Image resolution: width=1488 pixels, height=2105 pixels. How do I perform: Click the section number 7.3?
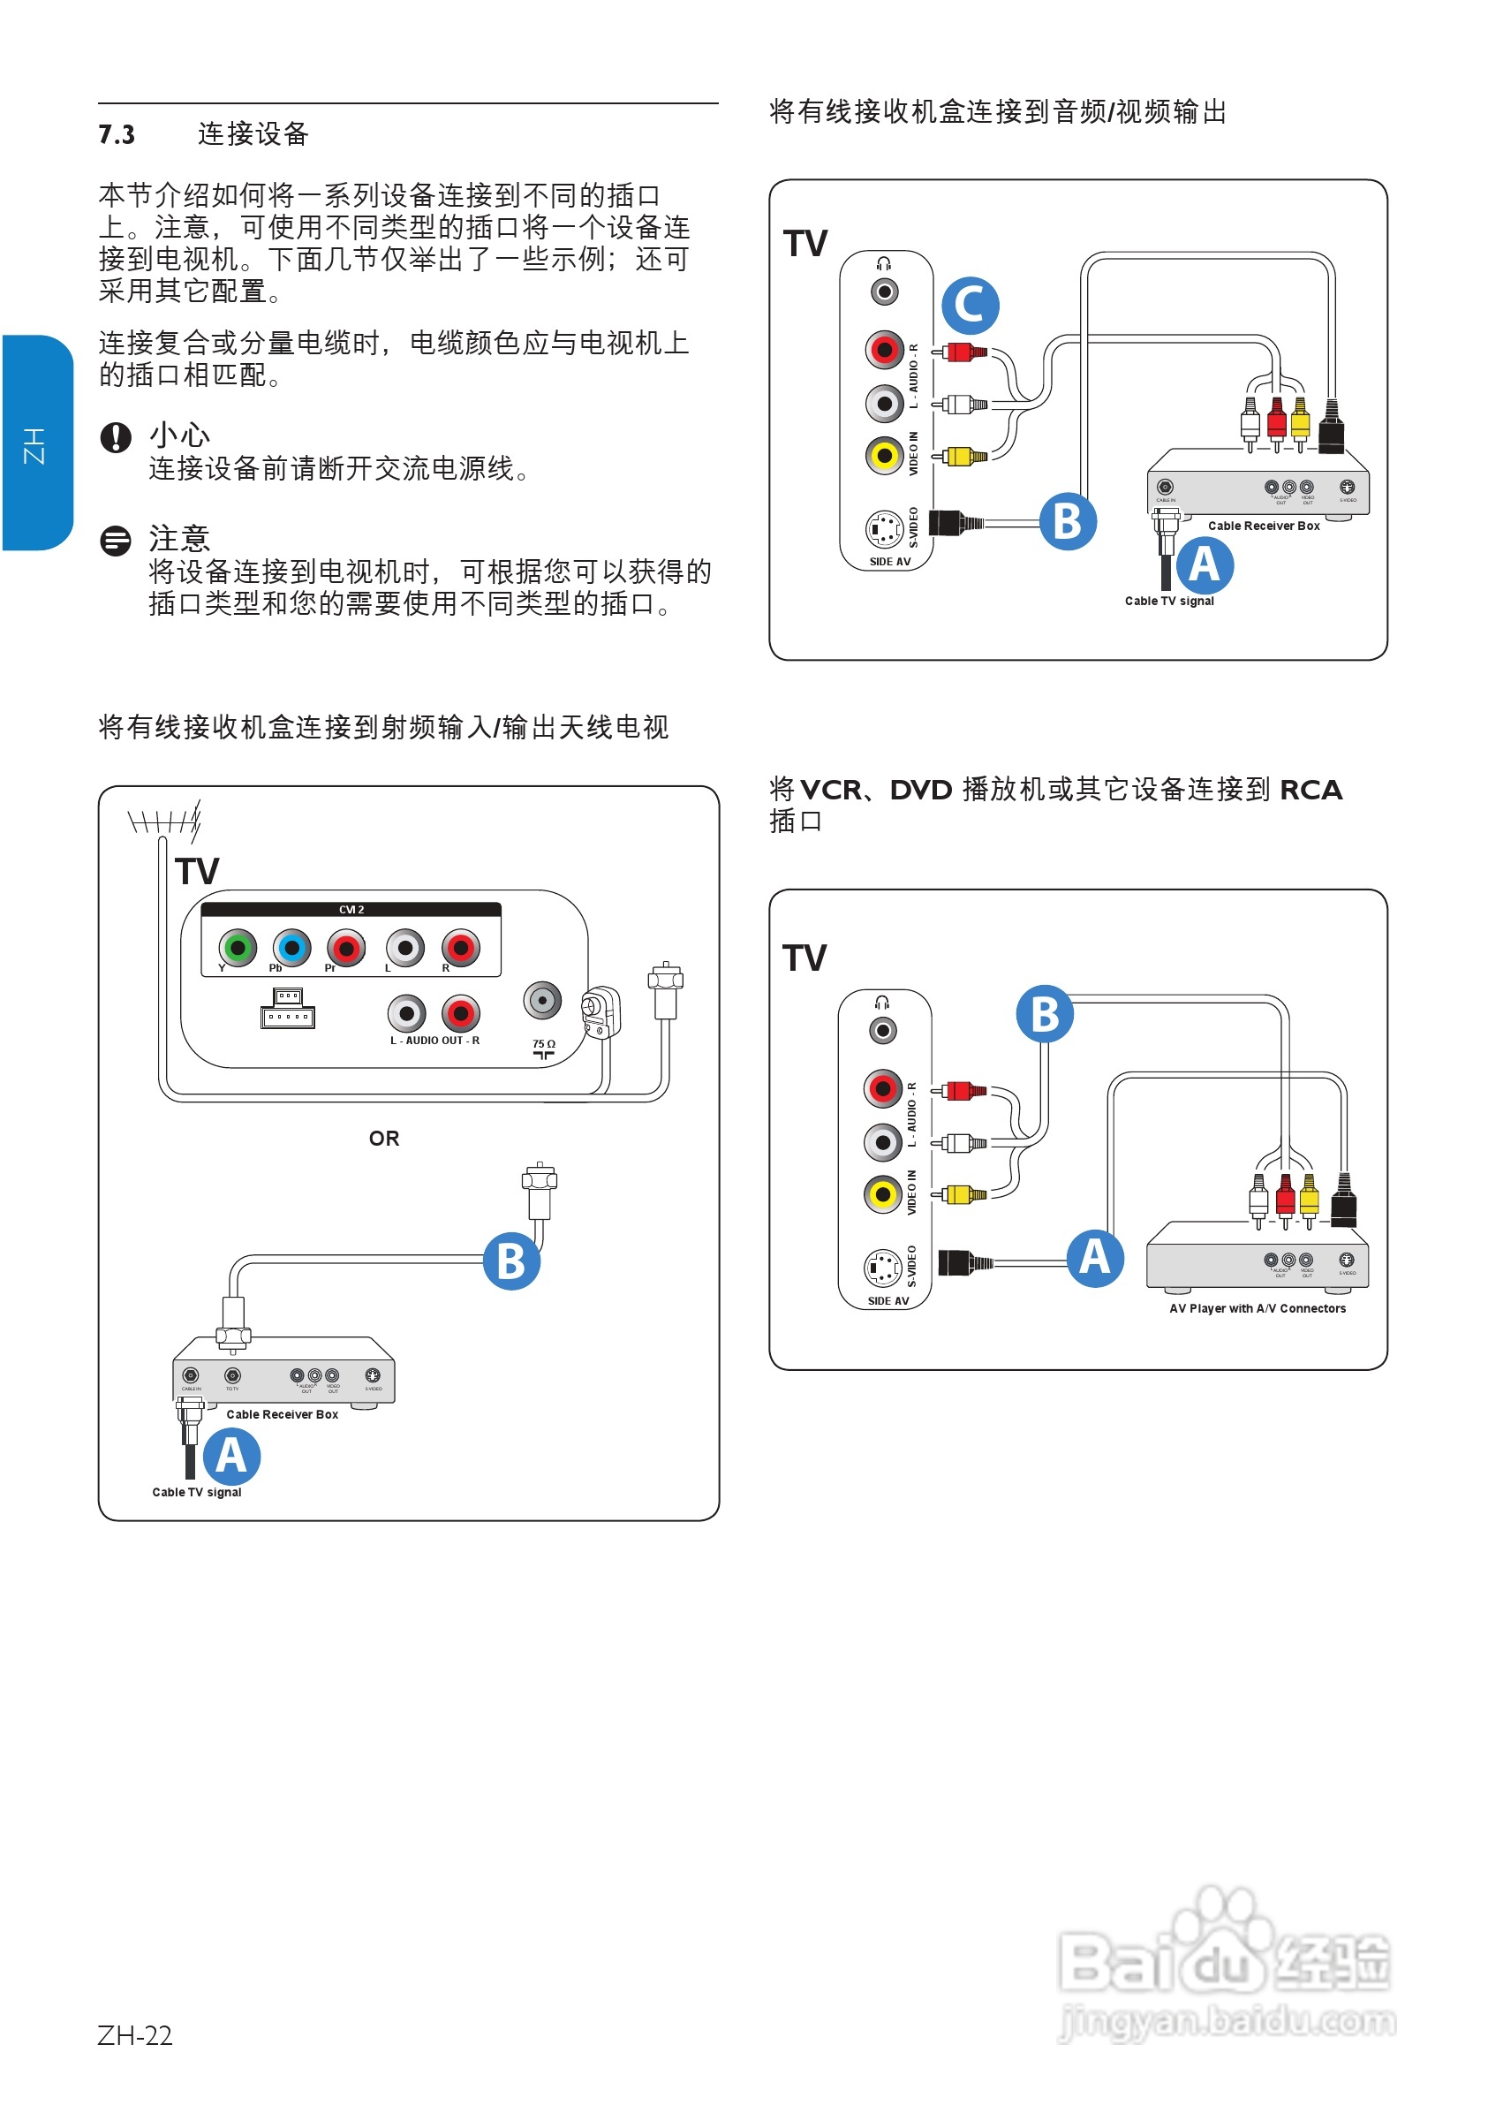(x=117, y=135)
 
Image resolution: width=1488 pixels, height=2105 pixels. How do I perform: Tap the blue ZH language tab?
(x=37, y=443)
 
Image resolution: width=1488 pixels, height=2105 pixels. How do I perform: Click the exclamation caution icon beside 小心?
(x=116, y=437)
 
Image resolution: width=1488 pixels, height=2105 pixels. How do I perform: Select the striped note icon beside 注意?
(x=116, y=541)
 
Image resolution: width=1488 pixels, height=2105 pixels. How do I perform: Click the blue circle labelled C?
(x=970, y=306)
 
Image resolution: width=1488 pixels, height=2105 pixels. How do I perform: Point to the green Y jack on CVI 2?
(x=238, y=947)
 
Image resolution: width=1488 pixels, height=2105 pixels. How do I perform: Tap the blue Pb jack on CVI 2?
(x=292, y=947)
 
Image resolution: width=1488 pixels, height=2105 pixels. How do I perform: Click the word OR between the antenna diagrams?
(x=384, y=1139)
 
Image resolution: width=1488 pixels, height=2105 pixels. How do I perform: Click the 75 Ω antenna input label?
(x=544, y=1044)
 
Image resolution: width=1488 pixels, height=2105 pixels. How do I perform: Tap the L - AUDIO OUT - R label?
(x=434, y=1041)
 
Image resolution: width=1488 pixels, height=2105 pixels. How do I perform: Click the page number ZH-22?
(x=135, y=2035)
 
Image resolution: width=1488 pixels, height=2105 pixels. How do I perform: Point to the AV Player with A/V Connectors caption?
(x=1258, y=1308)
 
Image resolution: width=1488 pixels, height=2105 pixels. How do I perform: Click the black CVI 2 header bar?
(x=351, y=910)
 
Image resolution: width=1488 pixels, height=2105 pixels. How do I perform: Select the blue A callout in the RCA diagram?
(x=1095, y=1258)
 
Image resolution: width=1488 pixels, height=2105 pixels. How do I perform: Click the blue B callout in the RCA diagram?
(x=1045, y=1014)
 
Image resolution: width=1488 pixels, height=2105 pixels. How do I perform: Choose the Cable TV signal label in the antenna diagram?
(x=197, y=1493)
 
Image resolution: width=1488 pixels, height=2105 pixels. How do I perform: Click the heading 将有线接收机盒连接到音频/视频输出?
(x=998, y=112)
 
